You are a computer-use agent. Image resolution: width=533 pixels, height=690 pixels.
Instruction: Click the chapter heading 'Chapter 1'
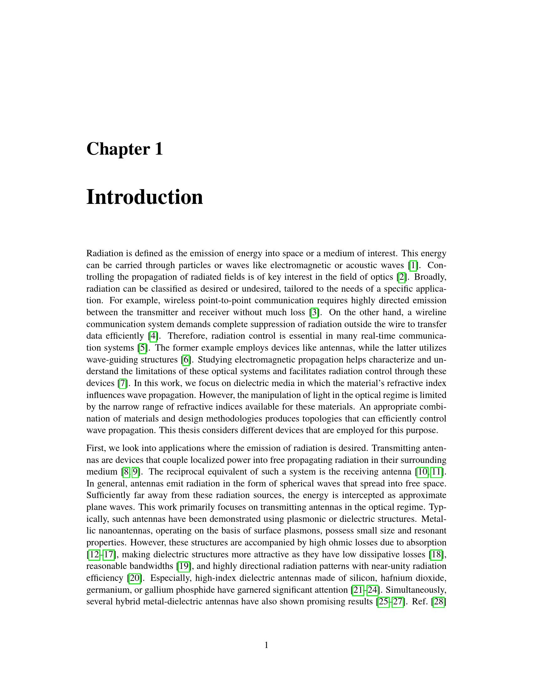pos(124,149)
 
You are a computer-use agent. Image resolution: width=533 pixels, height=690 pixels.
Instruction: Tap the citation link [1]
pos(413,265)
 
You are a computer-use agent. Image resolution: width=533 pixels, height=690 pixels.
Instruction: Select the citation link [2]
pos(401,277)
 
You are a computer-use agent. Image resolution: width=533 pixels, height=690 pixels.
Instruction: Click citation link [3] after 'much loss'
pos(314,312)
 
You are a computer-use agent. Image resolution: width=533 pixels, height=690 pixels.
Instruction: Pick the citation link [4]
pos(153,336)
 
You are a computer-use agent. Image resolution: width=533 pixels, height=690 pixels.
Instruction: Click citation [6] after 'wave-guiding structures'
pos(186,359)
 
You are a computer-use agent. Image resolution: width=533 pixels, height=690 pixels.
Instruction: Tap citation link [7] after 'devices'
pos(123,383)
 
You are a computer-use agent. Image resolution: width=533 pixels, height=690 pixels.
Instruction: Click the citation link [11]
pos(436,472)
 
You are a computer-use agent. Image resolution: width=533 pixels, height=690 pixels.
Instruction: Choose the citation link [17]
pos(109,555)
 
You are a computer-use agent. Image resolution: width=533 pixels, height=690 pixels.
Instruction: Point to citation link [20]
pos(135,578)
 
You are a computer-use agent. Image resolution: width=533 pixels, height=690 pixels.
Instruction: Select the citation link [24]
pos(372,590)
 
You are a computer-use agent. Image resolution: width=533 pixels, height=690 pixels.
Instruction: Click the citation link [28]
pos(439,602)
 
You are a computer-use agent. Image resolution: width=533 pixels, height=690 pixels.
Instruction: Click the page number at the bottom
pos(266,645)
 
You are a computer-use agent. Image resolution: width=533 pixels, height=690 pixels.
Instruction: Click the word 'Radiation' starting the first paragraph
pos(104,253)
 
